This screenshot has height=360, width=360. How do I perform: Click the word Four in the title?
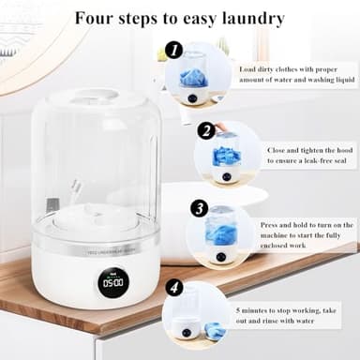click(96, 18)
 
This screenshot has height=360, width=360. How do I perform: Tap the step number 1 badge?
click(173, 50)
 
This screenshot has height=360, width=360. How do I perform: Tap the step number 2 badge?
click(205, 130)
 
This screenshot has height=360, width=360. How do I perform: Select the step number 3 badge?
click(199, 208)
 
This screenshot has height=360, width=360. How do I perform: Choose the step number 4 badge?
click(174, 288)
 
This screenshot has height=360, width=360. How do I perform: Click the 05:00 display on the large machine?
click(112, 281)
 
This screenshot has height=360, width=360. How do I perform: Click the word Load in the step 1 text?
click(249, 68)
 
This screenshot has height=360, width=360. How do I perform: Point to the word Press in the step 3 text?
click(272, 225)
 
